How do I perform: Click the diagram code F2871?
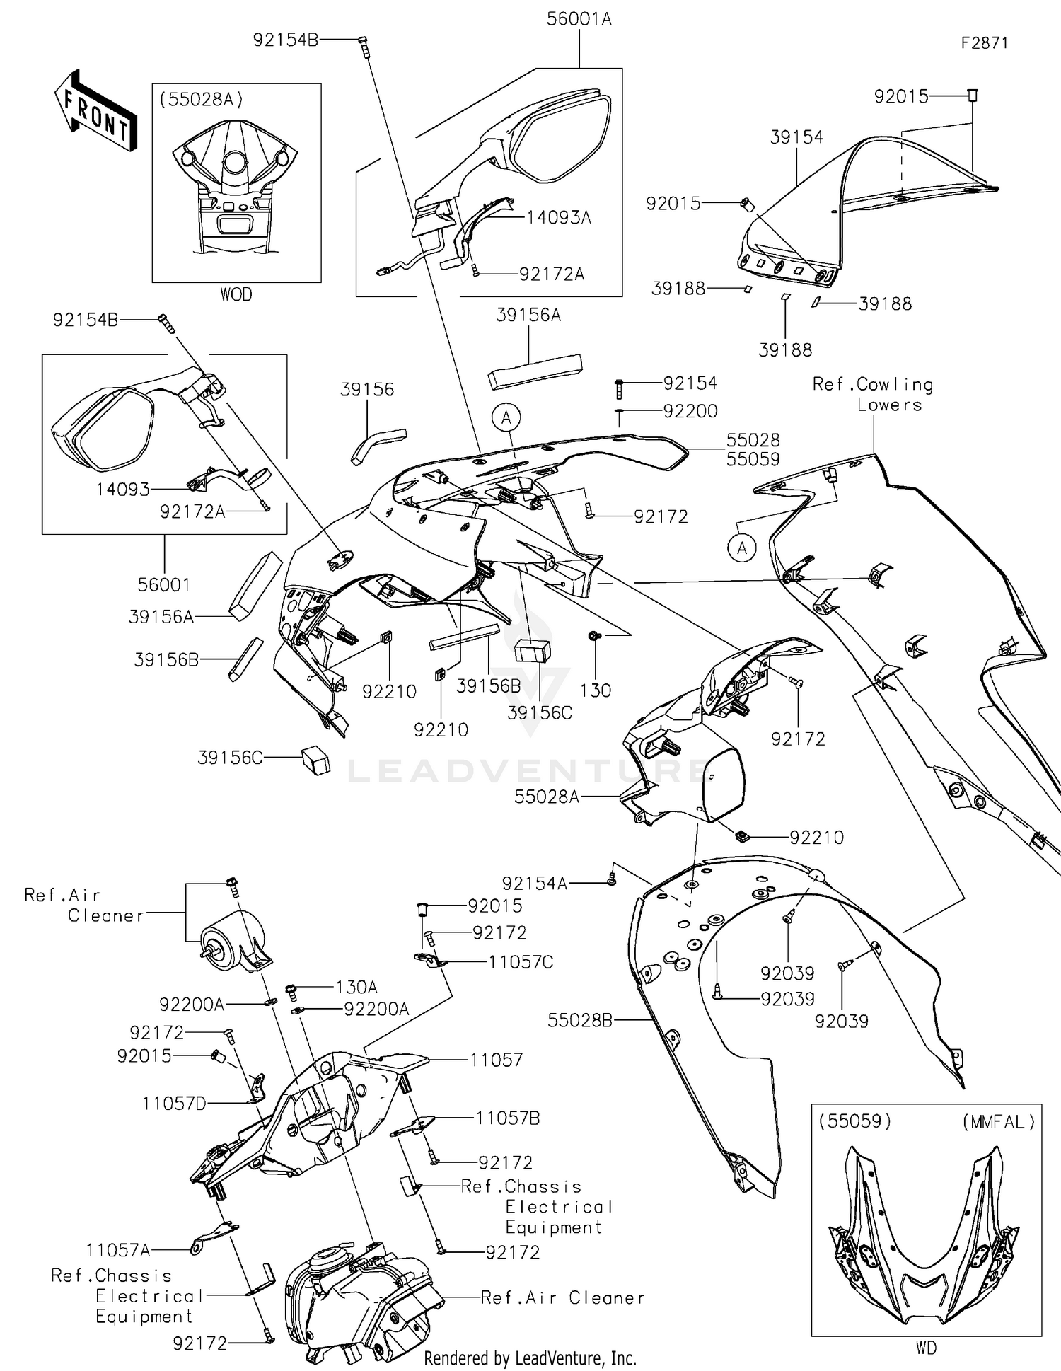984,43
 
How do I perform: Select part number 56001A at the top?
579,20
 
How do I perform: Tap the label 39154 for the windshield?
796,137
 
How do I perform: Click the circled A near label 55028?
506,418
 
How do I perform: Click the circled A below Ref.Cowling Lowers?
742,548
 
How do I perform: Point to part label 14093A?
558,218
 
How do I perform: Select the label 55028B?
579,1020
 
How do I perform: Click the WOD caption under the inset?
236,294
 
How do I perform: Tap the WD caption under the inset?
926,1348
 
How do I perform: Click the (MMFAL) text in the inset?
998,1122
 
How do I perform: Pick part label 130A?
356,987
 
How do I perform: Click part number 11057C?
521,962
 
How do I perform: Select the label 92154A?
534,884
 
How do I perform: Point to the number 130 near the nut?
595,690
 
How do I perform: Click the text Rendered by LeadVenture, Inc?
530,1358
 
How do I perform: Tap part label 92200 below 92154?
690,411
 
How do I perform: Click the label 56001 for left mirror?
164,585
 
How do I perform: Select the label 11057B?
508,1118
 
